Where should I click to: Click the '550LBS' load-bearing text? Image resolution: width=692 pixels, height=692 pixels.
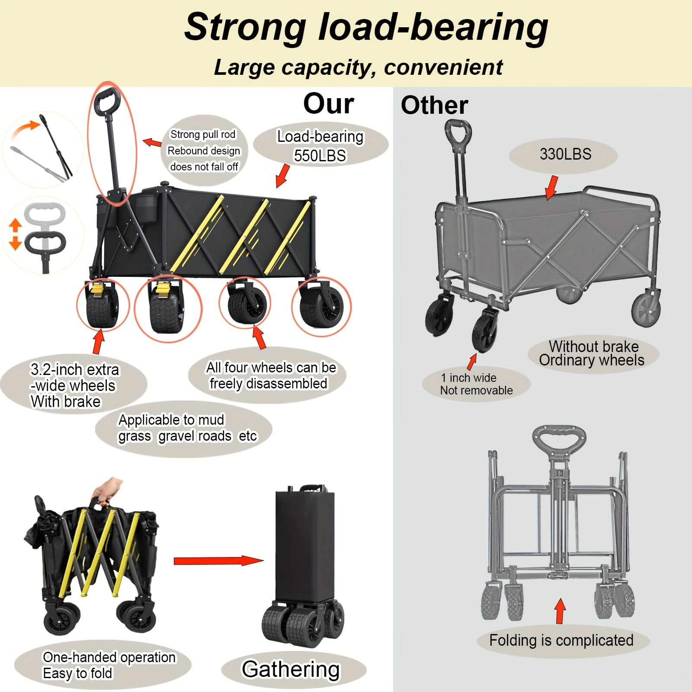320,156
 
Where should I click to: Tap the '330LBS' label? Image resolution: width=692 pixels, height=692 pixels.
565,154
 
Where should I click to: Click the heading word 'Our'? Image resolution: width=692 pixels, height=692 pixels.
328,104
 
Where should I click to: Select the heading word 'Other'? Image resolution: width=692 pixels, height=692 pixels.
434,105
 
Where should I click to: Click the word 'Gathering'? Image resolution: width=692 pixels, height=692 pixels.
291,669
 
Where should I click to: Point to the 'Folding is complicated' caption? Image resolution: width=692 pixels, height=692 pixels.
561,640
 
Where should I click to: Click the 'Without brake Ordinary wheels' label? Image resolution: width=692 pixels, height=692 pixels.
592,353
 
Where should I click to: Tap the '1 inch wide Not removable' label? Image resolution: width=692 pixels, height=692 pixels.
476,384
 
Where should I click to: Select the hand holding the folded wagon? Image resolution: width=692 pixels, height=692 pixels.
107,489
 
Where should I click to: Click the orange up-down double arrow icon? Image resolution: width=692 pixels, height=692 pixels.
15,234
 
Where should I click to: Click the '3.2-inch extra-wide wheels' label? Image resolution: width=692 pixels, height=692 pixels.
74,385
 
